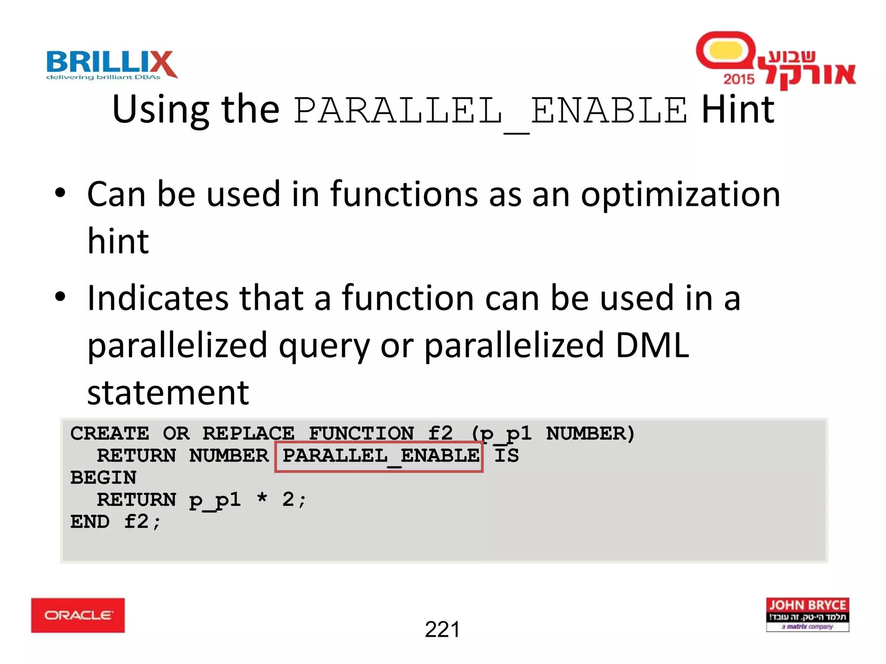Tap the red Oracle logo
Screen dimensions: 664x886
coord(78,615)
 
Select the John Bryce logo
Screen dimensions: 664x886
coord(807,615)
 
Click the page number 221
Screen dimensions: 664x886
coord(442,629)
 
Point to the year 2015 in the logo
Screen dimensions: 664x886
coord(738,79)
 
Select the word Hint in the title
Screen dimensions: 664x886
coord(738,110)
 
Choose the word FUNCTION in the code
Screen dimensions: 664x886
coord(361,434)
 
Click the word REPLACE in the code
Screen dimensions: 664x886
coord(248,434)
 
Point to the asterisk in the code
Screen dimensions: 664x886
coord(262,498)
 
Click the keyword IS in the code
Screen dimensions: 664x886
coord(506,456)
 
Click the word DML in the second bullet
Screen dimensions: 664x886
coord(652,345)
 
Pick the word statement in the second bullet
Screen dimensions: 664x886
coord(168,393)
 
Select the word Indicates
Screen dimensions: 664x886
coord(157,298)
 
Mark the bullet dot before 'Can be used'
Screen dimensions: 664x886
coord(60,193)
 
